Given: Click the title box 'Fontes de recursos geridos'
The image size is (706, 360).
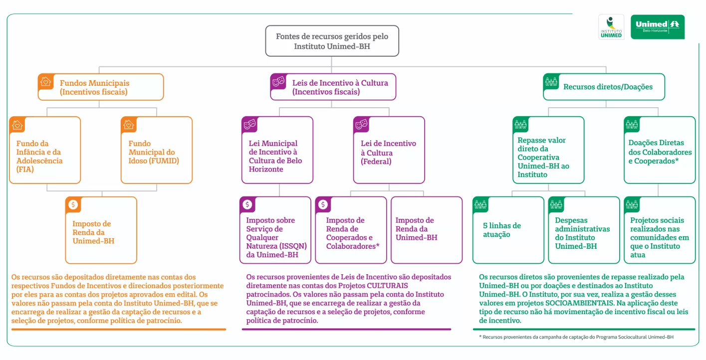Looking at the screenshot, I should pyautogui.click(x=332, y=41).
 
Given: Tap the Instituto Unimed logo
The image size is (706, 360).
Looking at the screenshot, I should pyautogui.click(x=611, y=27).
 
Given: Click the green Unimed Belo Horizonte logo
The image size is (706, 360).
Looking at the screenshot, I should pyautogui.click(x=658, y=27).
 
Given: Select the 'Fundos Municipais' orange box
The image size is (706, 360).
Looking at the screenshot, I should pyautogui.click(x=101, y=87).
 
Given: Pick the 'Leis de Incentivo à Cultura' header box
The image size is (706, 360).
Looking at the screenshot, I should pyautogui.click(x=333, y=87).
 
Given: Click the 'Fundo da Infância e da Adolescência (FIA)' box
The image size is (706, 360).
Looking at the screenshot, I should pyautogui.click(x=45, y=151).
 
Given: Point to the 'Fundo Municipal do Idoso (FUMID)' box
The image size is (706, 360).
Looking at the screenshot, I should pyautogui.click(x=157, y=151).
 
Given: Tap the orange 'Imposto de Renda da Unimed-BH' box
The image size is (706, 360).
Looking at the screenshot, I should pyautogui.click(x=101, y=230).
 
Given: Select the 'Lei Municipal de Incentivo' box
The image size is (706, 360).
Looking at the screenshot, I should pyautogui.click(x=277, y=151).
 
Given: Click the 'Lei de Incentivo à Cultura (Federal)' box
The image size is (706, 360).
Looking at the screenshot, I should pyautogui.click(x=389, y=151).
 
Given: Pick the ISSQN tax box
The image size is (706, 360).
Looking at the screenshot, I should pyautogui.click(x=275, y=230).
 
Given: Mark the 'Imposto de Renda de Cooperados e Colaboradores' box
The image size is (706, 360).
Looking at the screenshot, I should pyautogui.click(x=351, y=230).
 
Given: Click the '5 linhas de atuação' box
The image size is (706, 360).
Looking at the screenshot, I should pyautogui.click(x=508, y=230).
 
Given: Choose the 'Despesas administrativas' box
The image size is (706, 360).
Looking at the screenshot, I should pyautogui.click(x=583, y=230).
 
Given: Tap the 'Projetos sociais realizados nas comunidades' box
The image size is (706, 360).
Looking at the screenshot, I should pyautogui.click(x=660, y=230).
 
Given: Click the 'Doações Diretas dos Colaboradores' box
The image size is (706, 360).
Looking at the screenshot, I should pyautogui.click(x=660, y=151).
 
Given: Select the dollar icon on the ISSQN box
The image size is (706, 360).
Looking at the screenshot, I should pyautogui.click(x=247, y=204).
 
